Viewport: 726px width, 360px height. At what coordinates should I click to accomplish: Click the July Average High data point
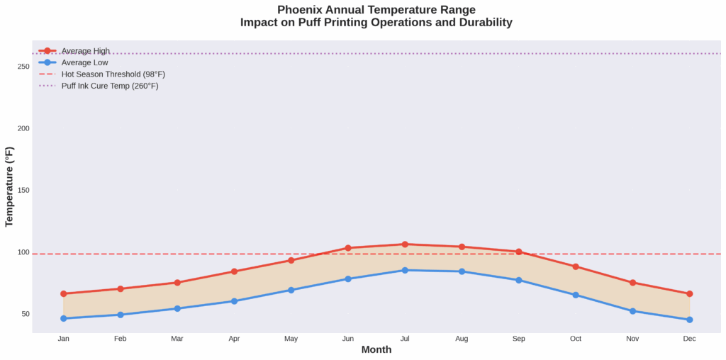[405, 244]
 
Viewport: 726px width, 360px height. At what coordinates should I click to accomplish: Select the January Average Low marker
[63, 318]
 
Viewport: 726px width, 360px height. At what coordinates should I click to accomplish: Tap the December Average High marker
[689, 293]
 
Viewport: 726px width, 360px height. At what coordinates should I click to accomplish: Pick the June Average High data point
[348, 248]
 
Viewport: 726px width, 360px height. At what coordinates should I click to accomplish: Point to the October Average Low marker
[576, 295]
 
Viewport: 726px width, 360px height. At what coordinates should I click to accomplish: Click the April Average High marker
[234, 271]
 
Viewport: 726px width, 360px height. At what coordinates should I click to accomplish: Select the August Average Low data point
[462, 271]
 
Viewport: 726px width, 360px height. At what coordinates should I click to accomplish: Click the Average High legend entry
[84, 51]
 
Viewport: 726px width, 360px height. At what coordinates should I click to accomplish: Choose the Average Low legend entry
[84, 62]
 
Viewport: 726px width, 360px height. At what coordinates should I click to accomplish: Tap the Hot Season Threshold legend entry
[113, 74]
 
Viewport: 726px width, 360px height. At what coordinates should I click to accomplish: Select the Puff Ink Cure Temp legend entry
[110, 86]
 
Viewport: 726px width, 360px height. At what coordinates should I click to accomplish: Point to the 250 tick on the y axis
[23, 67]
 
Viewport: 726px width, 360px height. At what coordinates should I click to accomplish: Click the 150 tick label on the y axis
[23, 191]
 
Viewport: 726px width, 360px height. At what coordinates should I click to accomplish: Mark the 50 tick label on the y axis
[26, 314]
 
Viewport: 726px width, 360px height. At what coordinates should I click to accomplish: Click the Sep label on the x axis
[519, 339]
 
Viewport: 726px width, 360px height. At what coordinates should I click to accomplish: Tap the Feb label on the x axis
[120, 339]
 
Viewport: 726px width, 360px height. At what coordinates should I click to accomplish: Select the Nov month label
[632, 339]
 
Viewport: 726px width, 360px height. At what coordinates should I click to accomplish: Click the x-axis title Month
[376, 350]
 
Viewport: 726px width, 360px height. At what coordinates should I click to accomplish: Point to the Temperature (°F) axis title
[9, 186]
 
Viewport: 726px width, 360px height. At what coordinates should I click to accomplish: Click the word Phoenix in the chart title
[302, 10]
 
